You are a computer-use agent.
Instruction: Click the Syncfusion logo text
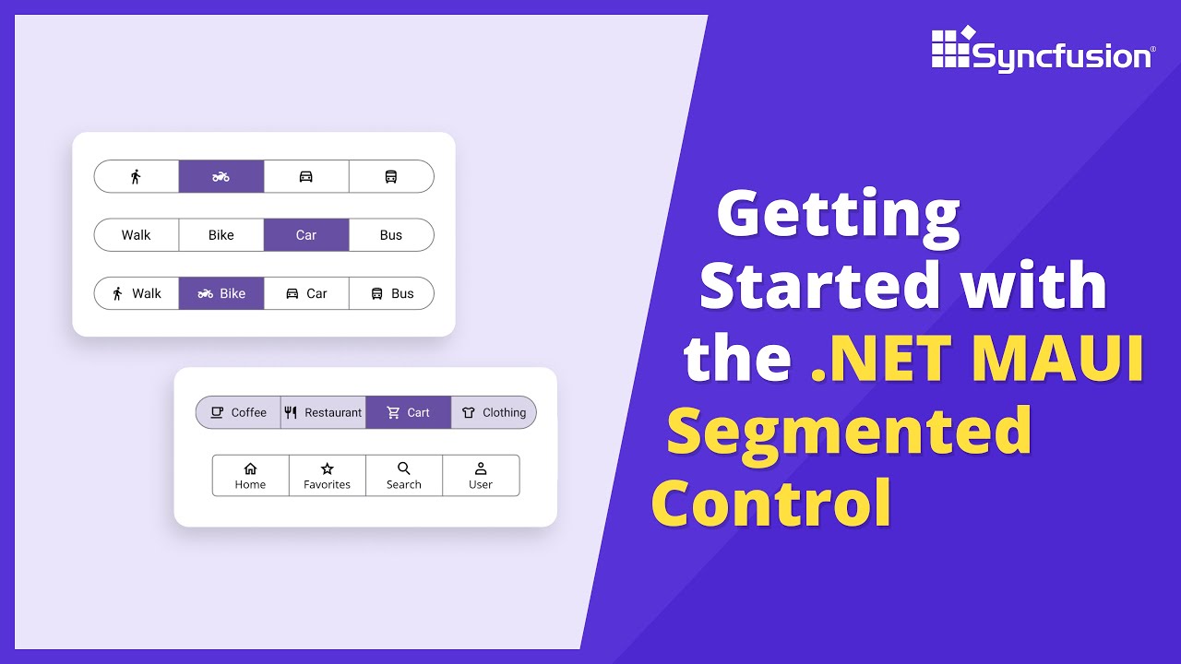click(x=1061, y=57)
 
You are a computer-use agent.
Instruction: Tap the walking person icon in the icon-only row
click(x=136, y=176)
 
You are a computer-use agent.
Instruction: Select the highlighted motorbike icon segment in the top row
click(x=221, y=176)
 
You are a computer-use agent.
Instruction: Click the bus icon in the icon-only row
click(x=391, y=176)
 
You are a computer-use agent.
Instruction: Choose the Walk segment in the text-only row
click(x=136, y=235)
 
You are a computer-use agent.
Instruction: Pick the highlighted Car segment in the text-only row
click(x=306, y=235)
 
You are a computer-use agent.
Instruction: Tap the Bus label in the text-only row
click(x=391, y=235)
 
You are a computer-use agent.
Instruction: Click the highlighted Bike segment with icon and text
click(x=221, y=293)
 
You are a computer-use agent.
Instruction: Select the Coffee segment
click(x=238, y=412)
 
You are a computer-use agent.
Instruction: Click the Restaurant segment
click(x=323, y=412)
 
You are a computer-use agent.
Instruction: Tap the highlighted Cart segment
click(x=408, y=412)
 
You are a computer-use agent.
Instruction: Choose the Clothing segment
click(x=494, y=412)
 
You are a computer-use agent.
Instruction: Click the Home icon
click(x=250, y=468)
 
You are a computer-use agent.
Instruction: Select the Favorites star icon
click(x=327, y=468)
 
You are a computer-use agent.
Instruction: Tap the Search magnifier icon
click(x=404, y=468)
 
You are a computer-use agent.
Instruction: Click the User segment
click(x=481, y=476)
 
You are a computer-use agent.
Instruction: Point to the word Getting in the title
click(x=838, y=214)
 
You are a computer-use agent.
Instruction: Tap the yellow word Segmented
click(x=849, y=430)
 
